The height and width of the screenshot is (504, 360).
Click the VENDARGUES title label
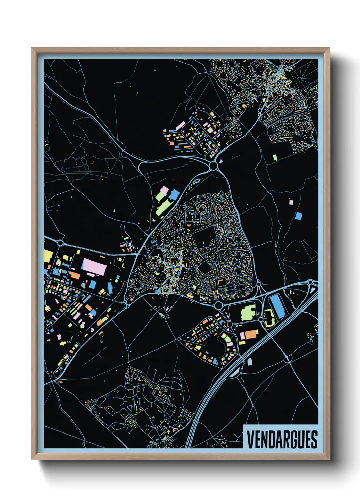coord(282,439)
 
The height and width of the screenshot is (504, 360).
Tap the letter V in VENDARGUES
coord(250,439)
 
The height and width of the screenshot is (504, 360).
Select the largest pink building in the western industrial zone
coord(94,266)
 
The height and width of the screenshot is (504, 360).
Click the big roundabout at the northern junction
coord(214,166)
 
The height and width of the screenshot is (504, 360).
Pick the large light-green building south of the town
coord(248,313)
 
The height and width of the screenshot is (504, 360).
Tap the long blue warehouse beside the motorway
coord(277,306)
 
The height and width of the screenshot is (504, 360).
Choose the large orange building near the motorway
coord(251,334)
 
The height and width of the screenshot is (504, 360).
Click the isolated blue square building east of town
coord(299,216)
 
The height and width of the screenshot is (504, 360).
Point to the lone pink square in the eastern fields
coord(291,202)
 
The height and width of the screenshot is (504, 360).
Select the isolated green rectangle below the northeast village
coord(275,157)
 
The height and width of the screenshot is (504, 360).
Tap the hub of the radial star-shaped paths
coord(300,79)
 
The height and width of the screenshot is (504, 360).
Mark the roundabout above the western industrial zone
coord(61,243)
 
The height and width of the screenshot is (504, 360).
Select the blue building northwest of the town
coord(174,195)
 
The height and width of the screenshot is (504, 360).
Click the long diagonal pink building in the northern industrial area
coord(180,125)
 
